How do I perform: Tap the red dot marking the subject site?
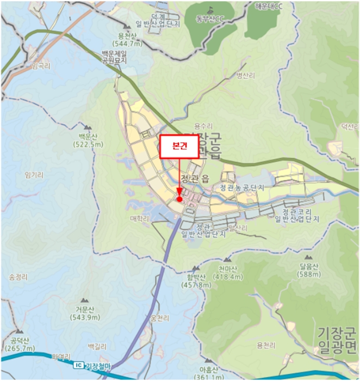click(179, 199)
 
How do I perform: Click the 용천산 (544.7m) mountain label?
click(127, 39)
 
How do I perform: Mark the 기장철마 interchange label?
click(98, 365)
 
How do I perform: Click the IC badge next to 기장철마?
click(79, 365)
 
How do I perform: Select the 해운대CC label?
click(270, 6)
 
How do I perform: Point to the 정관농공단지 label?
click(241, 187)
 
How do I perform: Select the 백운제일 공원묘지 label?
click(114, 58)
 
